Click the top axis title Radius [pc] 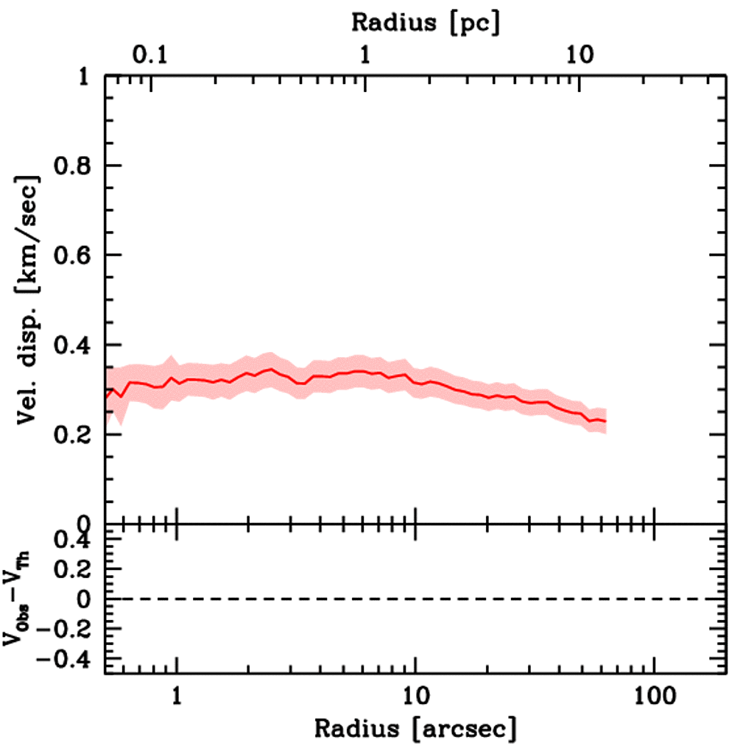coord(426,22)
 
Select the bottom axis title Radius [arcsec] coord(415,728)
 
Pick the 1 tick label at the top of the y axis coord(88,77)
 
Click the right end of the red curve coord(605,420)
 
